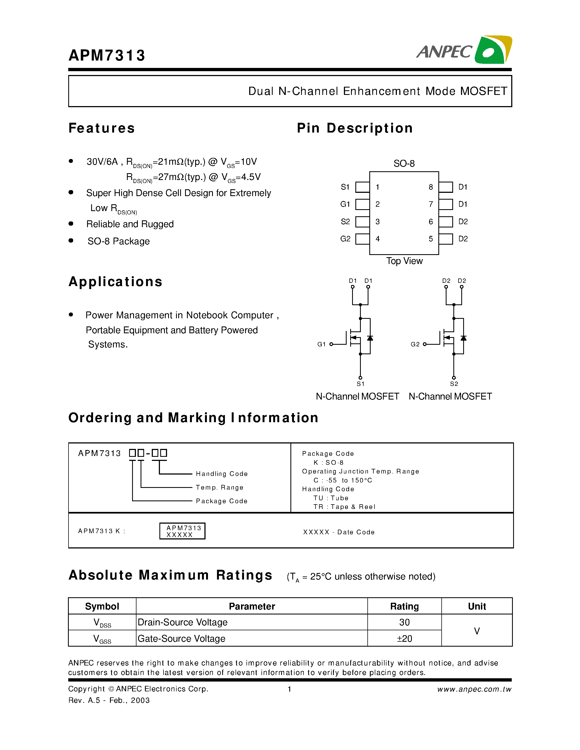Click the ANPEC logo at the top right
click(464, 50)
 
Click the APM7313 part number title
click(107, 55)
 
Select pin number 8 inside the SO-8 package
click(430, 187)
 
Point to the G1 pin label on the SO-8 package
click(345, 204)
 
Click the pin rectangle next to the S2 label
click(362, 222)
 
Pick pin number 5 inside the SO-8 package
click(430, 239)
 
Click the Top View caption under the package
click(404, 261)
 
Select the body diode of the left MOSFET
click(370, 338)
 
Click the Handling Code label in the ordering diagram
click(222, 474)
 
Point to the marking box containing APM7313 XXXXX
click(182, 531)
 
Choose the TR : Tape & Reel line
click(344, 507)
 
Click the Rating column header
click(404, 607)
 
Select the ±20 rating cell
click(404, 639)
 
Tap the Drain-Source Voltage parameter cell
click(182, 623)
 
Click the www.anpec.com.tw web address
click(474, 689)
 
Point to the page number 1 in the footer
click(290, 689)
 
